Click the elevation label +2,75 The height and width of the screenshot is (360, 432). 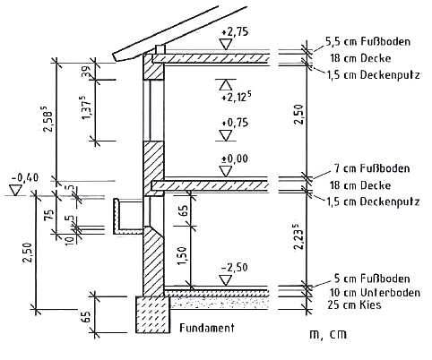pos(235,32)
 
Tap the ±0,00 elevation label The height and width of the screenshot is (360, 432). pos(235,159)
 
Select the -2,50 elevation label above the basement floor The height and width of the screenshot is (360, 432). pos(235,268)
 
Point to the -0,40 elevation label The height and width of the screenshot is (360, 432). pos(25,178)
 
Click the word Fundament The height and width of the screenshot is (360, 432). pos(207,328)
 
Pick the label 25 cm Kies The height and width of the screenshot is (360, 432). pos(354,304)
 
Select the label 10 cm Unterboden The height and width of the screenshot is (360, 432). pos(375,293)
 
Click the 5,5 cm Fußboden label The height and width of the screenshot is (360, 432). pos(367,41)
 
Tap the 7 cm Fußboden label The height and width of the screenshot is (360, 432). pos(372,168)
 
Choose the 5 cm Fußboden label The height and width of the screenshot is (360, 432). pos(372,279)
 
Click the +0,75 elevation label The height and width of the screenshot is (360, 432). pos(235,123)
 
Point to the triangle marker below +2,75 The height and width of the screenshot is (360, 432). pos(226,44)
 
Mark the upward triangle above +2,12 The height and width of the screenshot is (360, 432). pos(226,84)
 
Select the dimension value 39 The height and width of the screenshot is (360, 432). pos(86,72)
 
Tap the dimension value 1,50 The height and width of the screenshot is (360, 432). pos(182,255)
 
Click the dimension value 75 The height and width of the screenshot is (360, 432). pos(50,215)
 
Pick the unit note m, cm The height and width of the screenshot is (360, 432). pos(328,334)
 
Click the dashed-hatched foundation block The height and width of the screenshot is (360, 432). pos(153,314)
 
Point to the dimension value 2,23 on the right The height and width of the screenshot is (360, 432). pos(298,239)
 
